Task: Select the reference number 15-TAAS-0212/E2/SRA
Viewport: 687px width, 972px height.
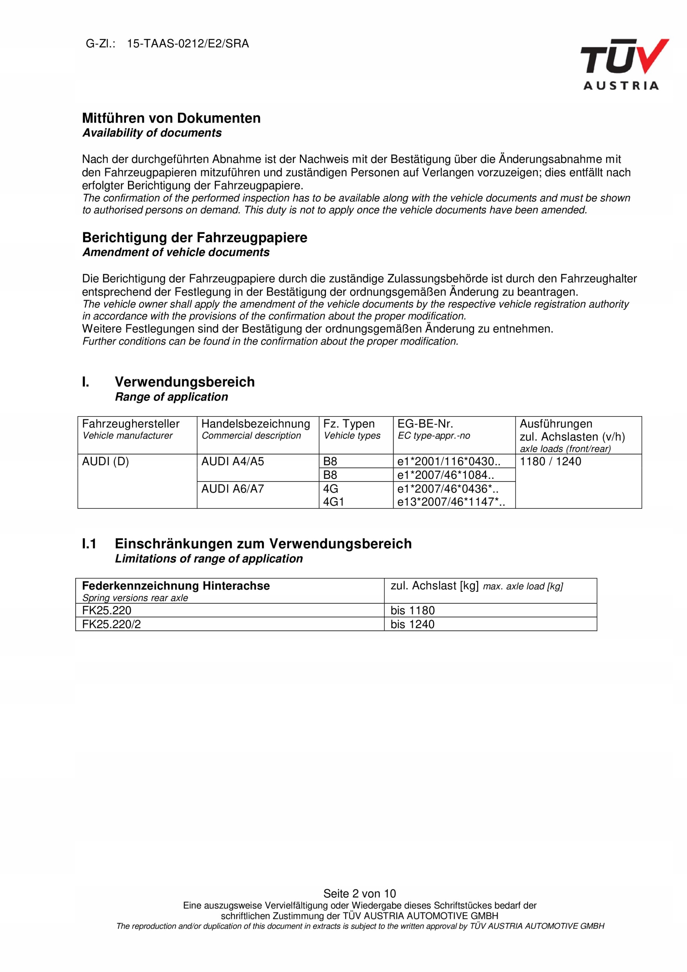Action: (x=188, y=44)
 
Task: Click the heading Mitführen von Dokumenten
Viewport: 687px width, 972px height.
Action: (x=171, y=118)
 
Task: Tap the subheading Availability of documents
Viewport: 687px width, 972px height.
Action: (x=152, y=133)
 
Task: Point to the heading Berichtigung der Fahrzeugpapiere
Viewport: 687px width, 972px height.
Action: (x=194, y=238)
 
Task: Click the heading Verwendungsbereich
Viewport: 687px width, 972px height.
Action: (x=184, y=382)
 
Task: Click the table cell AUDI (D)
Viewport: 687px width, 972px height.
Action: (x=105, y=461)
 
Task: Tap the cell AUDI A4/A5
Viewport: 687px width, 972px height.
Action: (x=232, y=461)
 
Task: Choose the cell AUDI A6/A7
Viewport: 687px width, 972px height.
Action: (x=232, y=489)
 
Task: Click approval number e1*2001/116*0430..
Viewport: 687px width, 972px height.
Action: (x=448, y=461)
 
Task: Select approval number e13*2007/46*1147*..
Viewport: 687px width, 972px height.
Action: (x=451, y=502)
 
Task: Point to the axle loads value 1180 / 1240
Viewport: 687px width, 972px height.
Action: (x=550, y=461)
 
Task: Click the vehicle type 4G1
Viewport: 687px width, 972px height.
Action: (x=334, y=502)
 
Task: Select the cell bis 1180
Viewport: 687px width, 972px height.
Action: (x=412, y=611)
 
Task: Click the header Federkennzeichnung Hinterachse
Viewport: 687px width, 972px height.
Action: (x=176, y=586)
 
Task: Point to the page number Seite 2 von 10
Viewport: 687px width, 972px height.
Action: (x=359, y=894)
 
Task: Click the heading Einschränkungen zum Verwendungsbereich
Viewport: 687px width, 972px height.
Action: (x=263, y=544)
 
